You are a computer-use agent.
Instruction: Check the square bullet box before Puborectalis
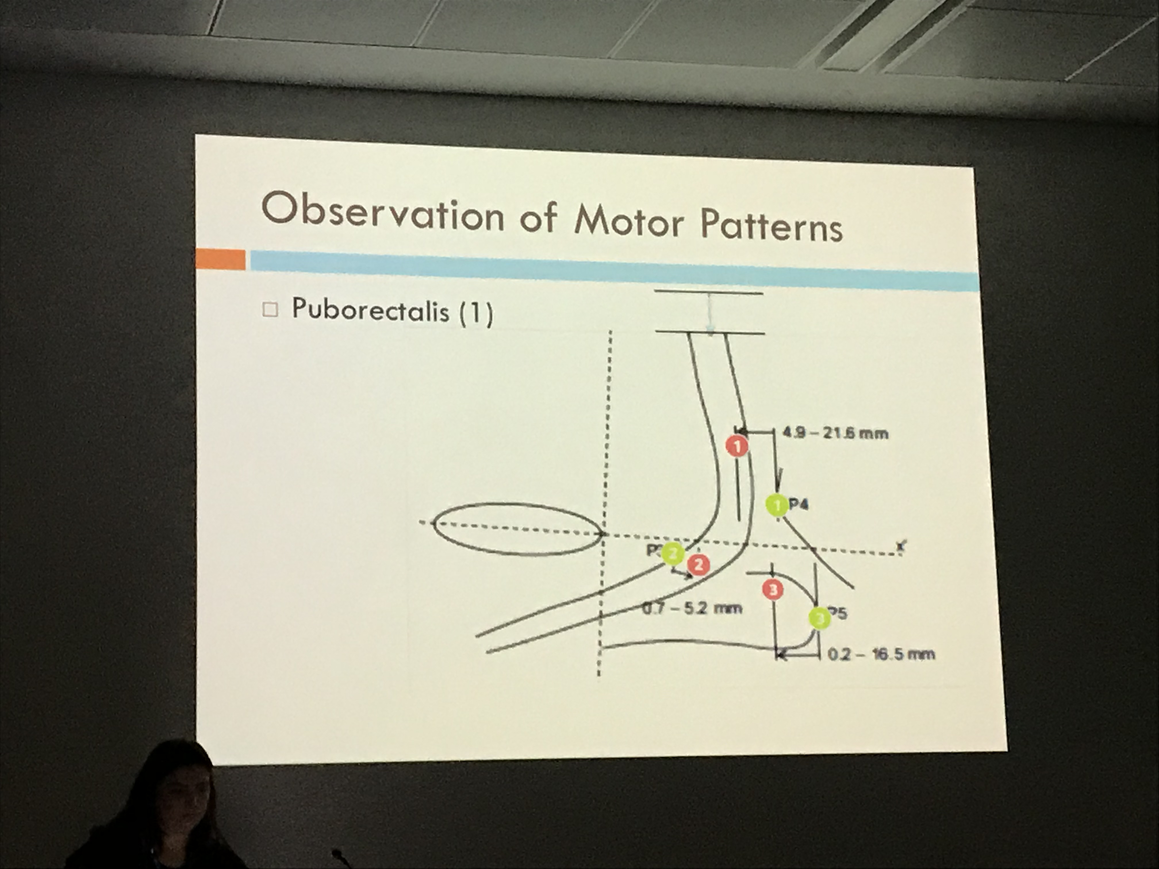(x=270, y=309)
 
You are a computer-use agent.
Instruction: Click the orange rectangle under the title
(x=220, y=259)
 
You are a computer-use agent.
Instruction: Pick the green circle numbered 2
(x=672, y=554)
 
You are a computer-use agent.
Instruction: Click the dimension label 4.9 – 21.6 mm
(x=835, y=433)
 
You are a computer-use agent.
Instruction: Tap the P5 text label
(x=838, y=613)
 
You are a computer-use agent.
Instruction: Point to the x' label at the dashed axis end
(x=900, y=546)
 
